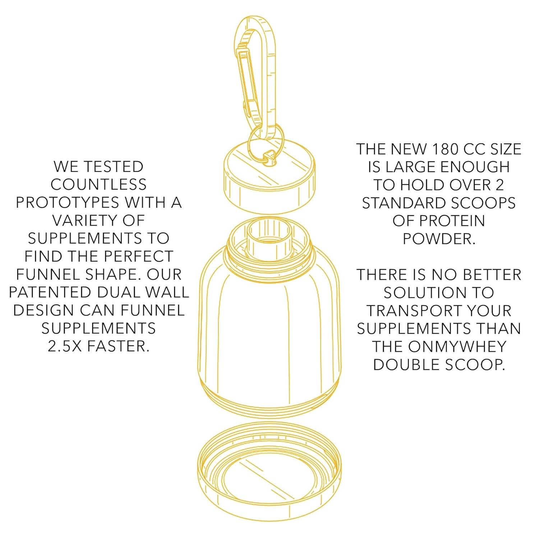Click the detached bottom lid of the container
tap(269, 471)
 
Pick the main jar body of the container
tap(269, 323)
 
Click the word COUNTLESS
tap(98, 185)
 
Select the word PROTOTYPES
tap(67, 203)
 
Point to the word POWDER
tap(439, 239)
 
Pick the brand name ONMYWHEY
tap(457, 347)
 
